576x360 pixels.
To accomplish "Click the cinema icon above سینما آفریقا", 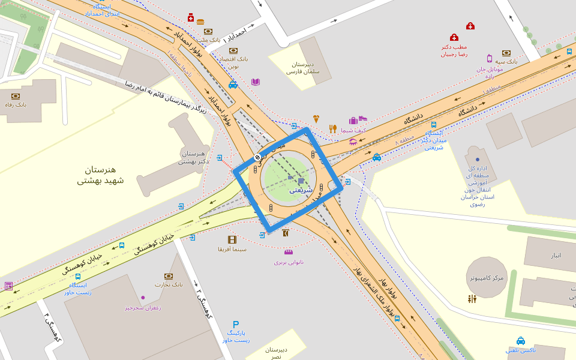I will click(x=232, y=239).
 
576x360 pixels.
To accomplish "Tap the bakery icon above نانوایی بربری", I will click(x=289, y=252).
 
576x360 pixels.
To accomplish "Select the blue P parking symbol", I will click(x=236, y=325).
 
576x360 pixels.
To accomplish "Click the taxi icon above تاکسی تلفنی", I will click(x=521, y=341).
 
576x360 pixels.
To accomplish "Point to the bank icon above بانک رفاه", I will click(x=16, y=96).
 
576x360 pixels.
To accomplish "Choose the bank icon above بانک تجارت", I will click(x=169, y=276).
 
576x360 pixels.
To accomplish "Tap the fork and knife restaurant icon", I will click(x=333, y=128).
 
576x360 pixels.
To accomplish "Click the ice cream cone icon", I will click(x=316, y=119).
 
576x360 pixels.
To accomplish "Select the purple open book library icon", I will click(x=256, y=82).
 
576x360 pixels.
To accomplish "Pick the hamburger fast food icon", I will click(x=200, y=22).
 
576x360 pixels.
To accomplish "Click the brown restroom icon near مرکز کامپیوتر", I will click(x=472, y=298).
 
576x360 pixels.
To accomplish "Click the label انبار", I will click(x=556, y=255).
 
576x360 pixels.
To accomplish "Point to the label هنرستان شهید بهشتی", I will click(x=100, y=175).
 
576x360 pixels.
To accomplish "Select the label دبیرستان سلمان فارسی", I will click(x=303, y=68).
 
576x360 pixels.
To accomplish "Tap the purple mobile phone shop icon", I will click(x=490, y=58).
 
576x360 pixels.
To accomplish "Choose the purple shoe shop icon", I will click(x=363, y=119).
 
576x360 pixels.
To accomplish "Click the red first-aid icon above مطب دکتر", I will click(x=454, y=37).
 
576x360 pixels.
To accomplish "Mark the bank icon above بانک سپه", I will click(x=506, y=53).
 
